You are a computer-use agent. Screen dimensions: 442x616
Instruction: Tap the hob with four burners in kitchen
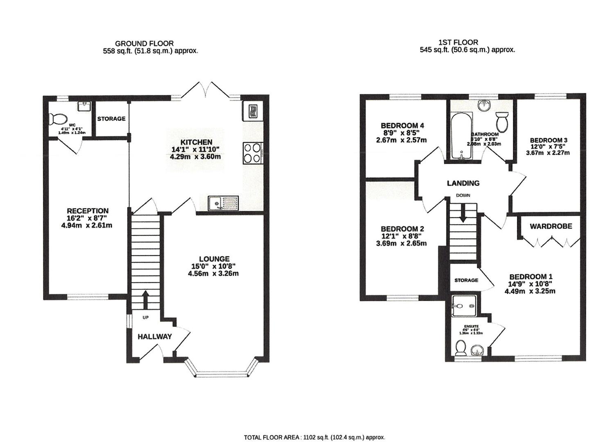[253, 153]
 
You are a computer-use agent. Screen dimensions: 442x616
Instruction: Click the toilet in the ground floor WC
[57, 120]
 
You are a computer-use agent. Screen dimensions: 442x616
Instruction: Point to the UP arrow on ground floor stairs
[145, 300]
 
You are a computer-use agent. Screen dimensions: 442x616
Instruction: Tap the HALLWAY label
[154, 337]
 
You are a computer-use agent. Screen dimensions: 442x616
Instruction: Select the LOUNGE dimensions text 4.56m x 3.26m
[213, 273]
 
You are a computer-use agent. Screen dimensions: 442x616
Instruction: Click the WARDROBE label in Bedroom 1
[551, 226]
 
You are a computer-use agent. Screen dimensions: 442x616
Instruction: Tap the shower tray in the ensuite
[463, 306]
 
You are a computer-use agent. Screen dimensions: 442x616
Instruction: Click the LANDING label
[463, 183]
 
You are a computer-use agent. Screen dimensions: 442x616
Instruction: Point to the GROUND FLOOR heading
[144, 43]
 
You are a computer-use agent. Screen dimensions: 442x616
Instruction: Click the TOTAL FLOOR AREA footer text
[314, 437]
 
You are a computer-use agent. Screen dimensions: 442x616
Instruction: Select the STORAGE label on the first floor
[466, 280]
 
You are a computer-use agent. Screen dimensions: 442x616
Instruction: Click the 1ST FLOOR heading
[458, 42]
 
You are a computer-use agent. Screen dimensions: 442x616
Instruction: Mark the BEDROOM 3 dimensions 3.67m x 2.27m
[548, 153]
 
